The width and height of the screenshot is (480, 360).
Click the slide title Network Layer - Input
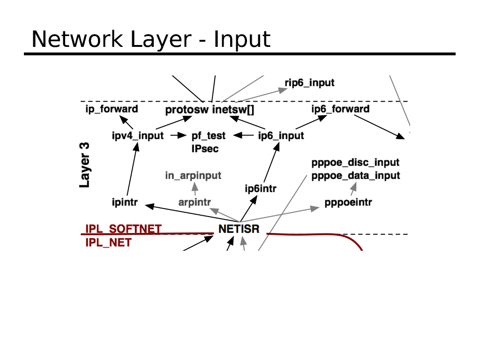[150, 39]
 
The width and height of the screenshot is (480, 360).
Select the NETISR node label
[239, 230]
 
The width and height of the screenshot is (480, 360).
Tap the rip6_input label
[309, 83]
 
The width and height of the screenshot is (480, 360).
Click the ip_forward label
[112, 109]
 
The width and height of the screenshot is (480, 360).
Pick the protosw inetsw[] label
[210, 110]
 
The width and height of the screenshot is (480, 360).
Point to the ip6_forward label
[340, 109]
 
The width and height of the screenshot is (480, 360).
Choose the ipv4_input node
[137, 136]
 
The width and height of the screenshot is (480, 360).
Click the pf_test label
[209, 136]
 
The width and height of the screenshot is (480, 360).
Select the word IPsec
[205, 149]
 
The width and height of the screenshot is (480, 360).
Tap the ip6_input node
[281, 136]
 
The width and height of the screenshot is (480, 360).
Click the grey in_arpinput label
[193, 176]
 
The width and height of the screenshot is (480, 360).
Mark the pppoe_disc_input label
[355, 163]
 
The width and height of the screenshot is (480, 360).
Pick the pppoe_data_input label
[356, 176]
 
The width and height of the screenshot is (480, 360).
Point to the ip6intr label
[261, 189]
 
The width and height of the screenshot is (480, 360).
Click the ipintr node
[124, 203]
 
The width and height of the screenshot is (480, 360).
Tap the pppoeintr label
[348, 203]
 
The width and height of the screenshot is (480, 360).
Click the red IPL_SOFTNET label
[123, 229]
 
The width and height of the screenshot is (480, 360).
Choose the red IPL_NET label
[108, 243]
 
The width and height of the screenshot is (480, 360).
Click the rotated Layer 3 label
[85, 165]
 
